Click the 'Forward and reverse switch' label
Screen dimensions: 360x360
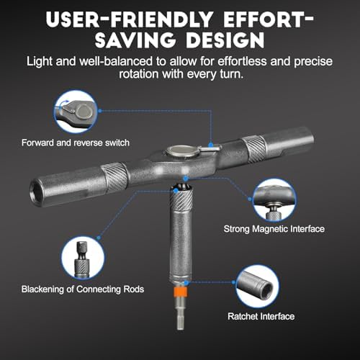click(76, 143)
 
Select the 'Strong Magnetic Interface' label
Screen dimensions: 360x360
click(274, 229)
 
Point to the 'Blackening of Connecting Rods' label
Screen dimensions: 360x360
click(83, 289)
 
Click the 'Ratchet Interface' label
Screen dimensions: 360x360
click(261, 316)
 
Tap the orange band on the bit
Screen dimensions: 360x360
click(181, 292)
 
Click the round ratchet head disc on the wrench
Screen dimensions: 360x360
click(182, 152)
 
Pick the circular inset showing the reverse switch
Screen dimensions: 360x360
click(76, 112)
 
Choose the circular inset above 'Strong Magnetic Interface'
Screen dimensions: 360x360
click(274, 200)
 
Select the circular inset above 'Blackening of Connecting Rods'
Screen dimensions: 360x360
click(83, 258)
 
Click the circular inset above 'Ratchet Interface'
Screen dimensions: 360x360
click(257, 287)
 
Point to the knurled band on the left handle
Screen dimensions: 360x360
click(114, 177)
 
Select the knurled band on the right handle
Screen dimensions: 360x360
click(255, 149)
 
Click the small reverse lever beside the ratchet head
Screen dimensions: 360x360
click(210, 148)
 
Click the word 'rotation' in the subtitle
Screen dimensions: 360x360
click(138, 73)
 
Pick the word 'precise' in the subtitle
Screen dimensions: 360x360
click(313, 62)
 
